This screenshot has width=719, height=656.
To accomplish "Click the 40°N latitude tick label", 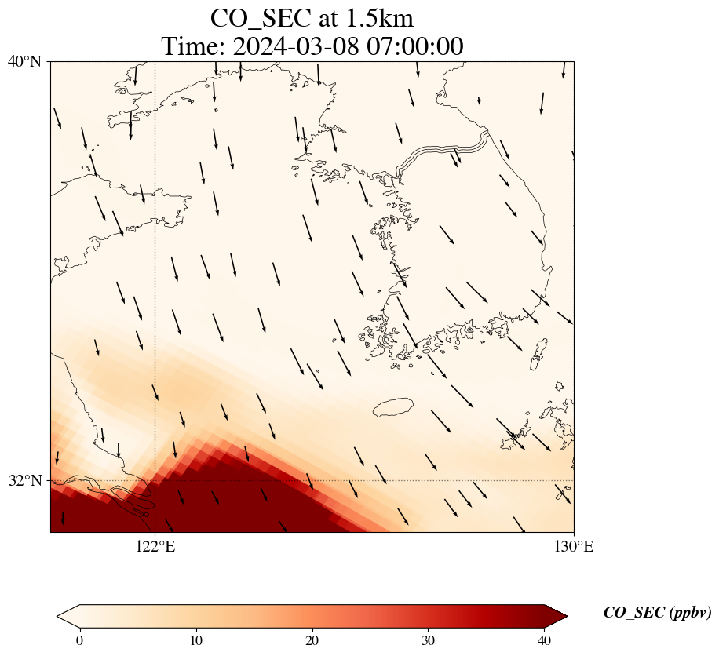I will coord(24,61).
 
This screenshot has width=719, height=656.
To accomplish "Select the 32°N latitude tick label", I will coord(24,480).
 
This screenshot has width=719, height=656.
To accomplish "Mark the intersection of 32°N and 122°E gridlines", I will coord(155,480).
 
